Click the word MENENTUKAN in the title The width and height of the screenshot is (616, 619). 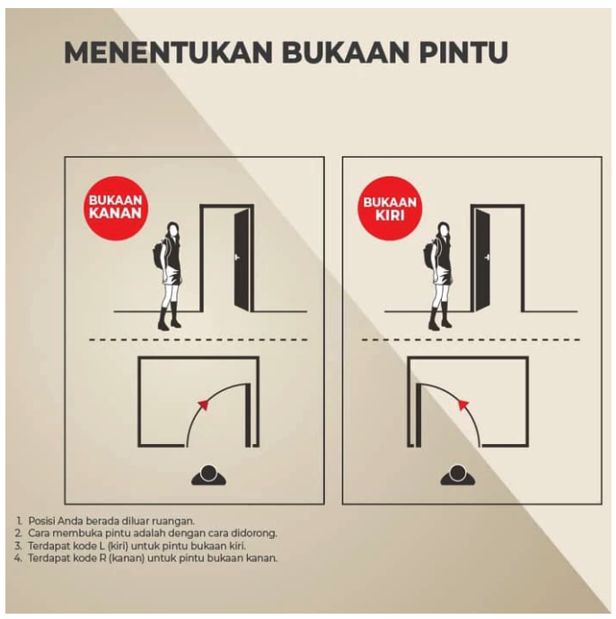(167, 52)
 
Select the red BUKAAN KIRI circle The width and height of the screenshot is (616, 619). (391, 210)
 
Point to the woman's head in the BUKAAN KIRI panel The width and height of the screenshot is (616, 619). (442, 230)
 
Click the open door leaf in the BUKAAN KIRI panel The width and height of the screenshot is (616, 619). (482, 260)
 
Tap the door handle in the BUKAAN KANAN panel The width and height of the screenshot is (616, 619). (237, 257)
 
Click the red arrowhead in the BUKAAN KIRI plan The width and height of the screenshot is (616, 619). (463, 405)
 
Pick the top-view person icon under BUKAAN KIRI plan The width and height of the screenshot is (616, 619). (457, 475)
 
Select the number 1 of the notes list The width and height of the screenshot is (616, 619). (19, 520)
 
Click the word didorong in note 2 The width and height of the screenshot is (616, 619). (254, 533)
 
